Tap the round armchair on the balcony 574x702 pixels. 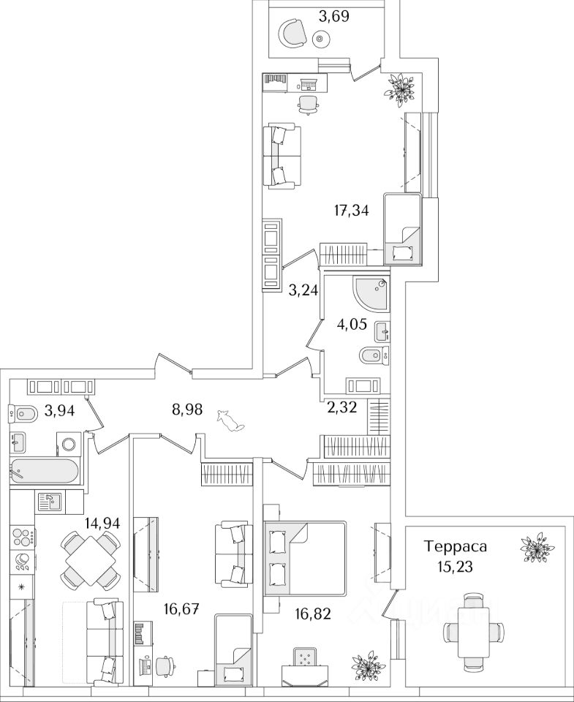tap(293, 33)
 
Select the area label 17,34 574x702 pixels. tap(351, 211)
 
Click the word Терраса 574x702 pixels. tap(456, 546)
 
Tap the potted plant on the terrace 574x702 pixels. tap(537, 547)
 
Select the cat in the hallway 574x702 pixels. tap(231, 420)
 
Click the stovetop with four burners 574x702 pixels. tap(22, 535)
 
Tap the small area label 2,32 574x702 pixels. tap(342, 408)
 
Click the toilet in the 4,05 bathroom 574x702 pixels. tap(373, 357)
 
